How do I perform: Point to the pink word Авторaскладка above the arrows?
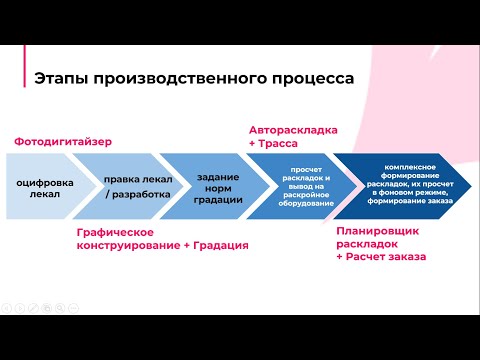[293, 130]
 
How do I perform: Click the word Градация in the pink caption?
[215, 244]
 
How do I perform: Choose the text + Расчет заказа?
[381, 257]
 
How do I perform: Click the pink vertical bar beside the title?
[25, 79]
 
